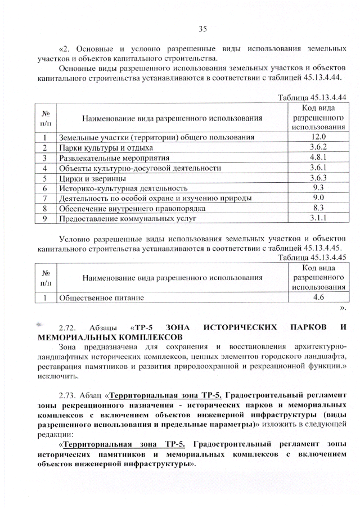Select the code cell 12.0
coord(318,137)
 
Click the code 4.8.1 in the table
coord(318,157)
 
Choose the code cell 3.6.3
coord(318,178)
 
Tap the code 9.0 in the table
coord(318,198)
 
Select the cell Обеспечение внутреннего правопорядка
coord(132,209)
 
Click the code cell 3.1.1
coord(318,219)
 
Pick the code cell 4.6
coord(318,296)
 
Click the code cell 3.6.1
coord(318,168)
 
